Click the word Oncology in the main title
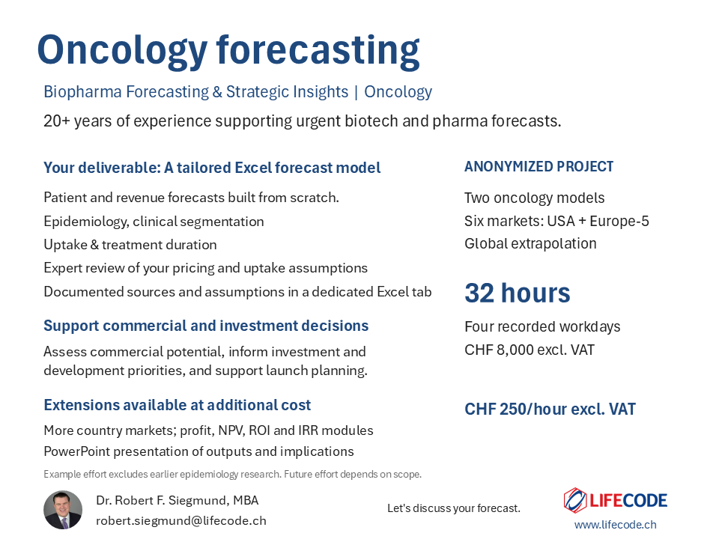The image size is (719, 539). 122,52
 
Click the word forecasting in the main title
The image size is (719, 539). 318,52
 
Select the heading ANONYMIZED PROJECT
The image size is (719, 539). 539,166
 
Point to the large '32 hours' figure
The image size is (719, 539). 518,293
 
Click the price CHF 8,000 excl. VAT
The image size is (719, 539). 530,350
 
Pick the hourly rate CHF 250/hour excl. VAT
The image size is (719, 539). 550,409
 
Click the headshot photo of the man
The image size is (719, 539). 63,510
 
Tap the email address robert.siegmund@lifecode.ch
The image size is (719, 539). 181,521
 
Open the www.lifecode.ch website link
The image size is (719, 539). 616,524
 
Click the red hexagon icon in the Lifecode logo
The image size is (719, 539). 575,500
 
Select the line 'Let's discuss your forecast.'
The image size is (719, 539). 454,508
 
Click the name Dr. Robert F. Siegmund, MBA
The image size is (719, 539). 178,501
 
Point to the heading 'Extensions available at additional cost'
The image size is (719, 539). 177,405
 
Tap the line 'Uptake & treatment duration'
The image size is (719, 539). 130,245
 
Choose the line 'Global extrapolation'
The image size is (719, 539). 530,243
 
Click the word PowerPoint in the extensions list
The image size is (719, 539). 77,451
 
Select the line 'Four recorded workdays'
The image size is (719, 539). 542,326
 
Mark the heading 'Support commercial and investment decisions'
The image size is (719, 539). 206,326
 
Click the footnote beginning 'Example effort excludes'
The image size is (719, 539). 232,474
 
